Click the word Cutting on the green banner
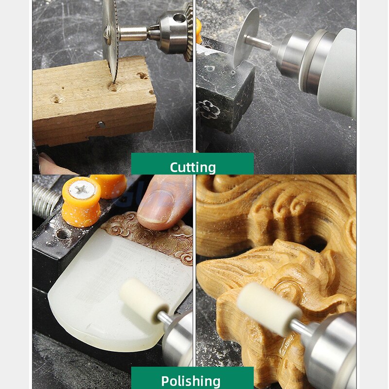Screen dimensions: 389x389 193,167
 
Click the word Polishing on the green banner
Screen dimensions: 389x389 191,381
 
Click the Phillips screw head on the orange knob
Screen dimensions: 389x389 81,191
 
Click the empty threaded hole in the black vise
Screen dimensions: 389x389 63,234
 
